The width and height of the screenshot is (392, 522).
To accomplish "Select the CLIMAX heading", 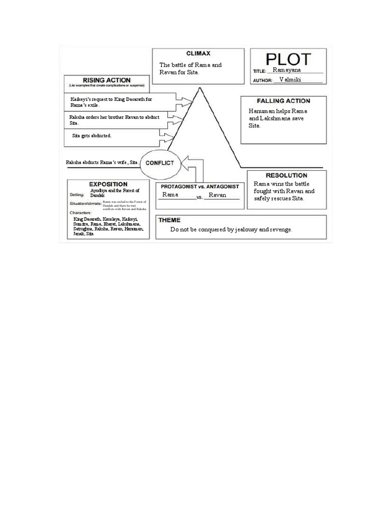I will [198, 53].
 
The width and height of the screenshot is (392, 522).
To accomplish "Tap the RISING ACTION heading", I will [107, 80].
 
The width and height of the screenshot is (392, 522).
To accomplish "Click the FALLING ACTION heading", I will [283, 101].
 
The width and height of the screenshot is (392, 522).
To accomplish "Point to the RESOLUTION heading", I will [286, 175].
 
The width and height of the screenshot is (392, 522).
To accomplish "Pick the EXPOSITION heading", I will [108, 184].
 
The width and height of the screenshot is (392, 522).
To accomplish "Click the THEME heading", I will [169, 220].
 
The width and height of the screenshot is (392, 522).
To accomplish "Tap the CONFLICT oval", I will [160, 163].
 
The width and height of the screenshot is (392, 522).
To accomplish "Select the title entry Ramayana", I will [287, 70].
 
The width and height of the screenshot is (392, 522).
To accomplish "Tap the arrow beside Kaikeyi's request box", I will [182, 98].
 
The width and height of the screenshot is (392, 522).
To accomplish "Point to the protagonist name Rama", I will [170, 195].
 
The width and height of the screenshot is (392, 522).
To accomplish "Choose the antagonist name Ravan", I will [217, 195].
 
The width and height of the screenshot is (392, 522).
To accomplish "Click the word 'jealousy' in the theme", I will [247, 230].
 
